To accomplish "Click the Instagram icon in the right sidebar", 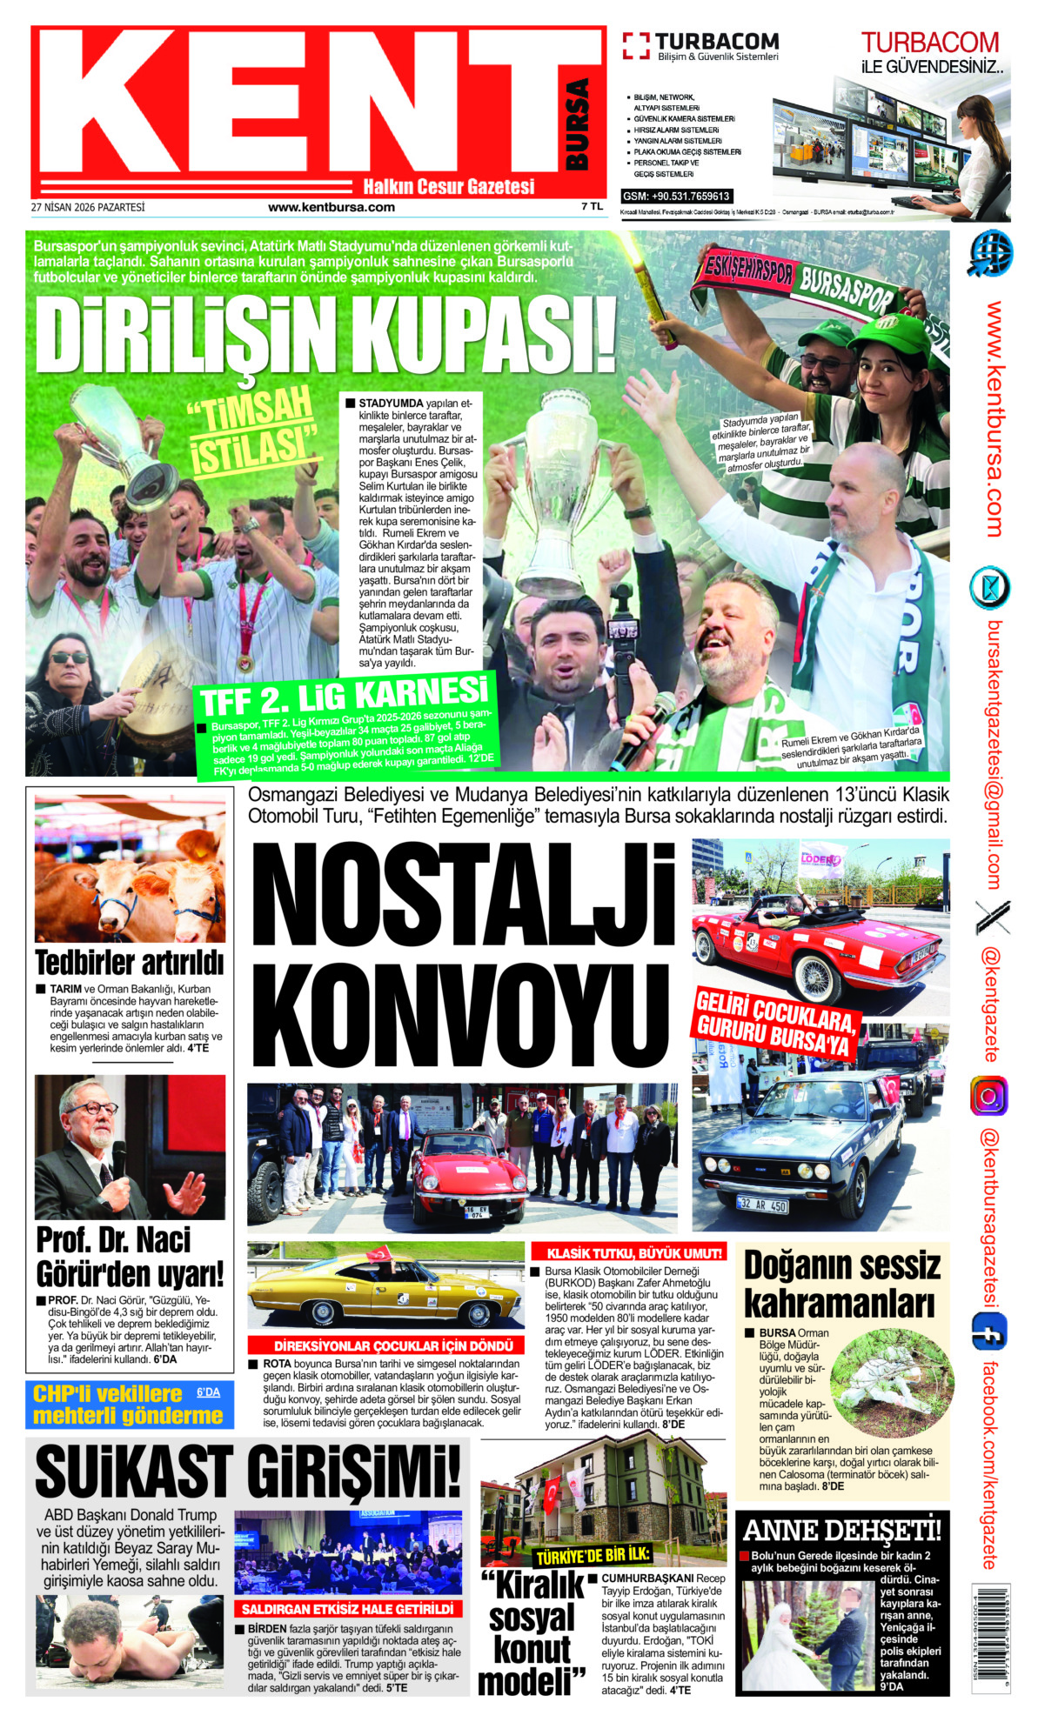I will tap(989, 1096).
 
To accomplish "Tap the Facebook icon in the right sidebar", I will tap(989, 1332).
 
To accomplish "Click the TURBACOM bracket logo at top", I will tap(636, 46).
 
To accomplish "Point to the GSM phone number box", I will tap(676, 197).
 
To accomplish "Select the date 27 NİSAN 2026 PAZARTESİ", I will tap(88, 208).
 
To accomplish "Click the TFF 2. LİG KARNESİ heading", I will tap(345, 697).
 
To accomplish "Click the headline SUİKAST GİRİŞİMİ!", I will tap(248, 1472).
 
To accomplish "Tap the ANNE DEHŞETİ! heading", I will tap(841, 1529).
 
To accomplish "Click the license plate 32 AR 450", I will tap(762, 1205).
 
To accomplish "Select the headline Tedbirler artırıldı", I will tap(130, 963).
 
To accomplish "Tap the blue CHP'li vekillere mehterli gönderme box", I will tap(129, 1405).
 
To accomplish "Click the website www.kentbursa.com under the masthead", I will tap(331, 208).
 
